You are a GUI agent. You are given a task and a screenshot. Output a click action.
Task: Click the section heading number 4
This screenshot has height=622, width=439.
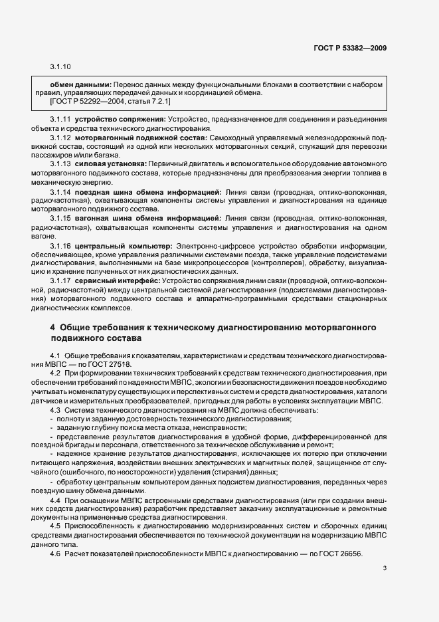[x=52, y=328]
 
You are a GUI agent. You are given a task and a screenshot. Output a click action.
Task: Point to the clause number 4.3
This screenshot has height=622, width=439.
[x=56, y=409]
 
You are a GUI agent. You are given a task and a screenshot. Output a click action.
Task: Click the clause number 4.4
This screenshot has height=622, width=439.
[x=56, y=499]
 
